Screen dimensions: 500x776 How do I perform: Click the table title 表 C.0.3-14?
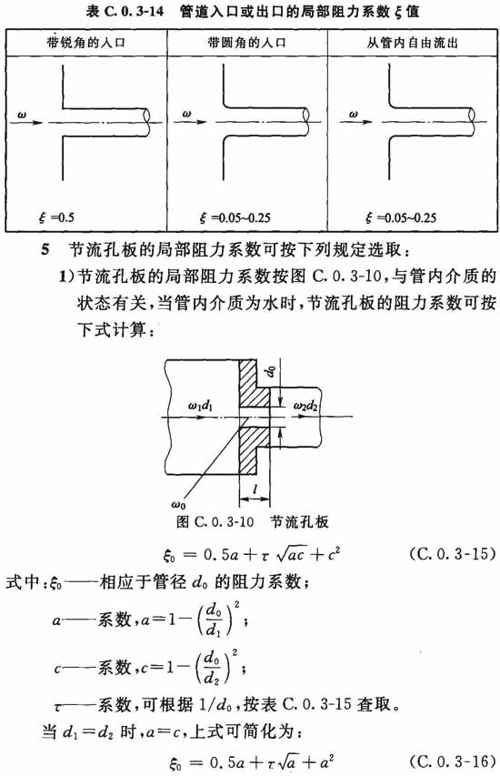(125, 11)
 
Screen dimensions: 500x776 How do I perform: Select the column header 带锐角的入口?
(86, 43)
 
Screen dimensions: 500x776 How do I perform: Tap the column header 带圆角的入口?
(247, 43)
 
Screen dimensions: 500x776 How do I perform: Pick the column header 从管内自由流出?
(413, 43)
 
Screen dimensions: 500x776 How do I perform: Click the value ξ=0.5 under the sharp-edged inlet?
(56, 217)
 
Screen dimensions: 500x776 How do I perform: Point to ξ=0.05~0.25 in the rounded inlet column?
(235, 217)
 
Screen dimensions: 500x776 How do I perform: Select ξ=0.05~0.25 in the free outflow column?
(401, 217)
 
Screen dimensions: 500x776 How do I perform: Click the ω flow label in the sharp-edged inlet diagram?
(22, 115)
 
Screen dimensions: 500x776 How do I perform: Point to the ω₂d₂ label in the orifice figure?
(305, 407)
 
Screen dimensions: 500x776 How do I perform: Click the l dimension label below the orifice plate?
(255, 489)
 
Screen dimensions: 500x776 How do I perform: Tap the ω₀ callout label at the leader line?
(178, 505)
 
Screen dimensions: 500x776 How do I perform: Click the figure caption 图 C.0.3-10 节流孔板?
(252, 521)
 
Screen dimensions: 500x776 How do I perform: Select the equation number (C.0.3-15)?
(453, 553)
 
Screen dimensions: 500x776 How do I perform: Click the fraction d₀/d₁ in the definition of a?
(213, 620)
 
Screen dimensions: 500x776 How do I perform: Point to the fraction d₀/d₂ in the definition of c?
(212, 668)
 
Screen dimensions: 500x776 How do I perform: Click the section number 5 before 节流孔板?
(45, 249)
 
